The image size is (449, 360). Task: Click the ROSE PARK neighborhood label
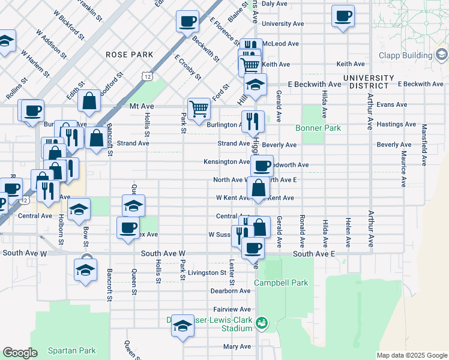(x=130, y=55)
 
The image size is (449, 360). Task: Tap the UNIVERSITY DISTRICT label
(x=368, y=82)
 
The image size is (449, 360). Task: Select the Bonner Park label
(x=318, y=128)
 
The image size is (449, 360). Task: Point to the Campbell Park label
(x=280, y=283)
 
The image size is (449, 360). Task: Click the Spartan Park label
(x=73, y=350)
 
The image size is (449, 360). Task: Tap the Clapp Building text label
(x=405, y=56)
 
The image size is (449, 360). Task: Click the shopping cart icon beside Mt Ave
(x=199, y=109)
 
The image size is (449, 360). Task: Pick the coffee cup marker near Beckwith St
(x=187, y=22)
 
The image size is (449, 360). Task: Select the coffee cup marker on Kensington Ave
(x=262, y=166)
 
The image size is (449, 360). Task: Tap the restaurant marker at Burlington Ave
(x=253, y=122)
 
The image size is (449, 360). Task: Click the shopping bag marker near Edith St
(x=89, y=102)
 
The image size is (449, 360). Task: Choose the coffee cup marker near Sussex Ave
(x=127, y=228)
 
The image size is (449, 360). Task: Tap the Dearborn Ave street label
(x=230, y=291)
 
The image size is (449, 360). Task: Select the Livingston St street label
(x=206, y=272)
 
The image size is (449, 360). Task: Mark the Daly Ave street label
(x=276, y=4)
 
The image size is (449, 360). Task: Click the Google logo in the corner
(x=20, y=353)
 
